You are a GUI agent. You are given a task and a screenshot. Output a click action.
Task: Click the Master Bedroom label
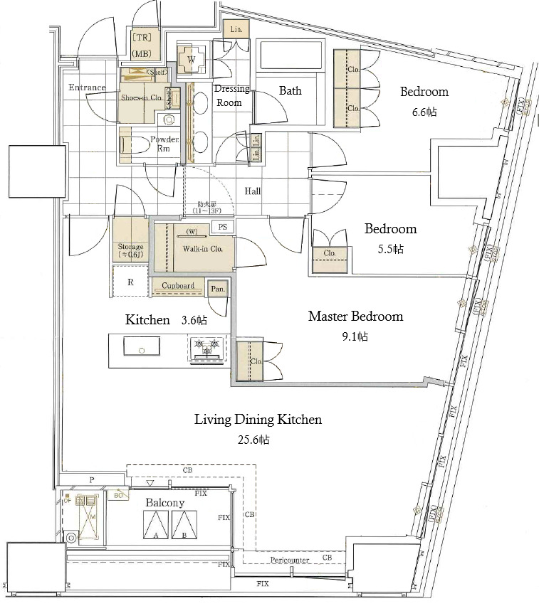[x=355, y=316]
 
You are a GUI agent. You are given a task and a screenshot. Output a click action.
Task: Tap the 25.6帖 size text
[x=253, y=440]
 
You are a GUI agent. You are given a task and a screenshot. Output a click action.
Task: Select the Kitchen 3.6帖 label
[x=166, y=320]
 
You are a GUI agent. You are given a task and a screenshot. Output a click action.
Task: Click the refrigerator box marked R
[x=130, y=282]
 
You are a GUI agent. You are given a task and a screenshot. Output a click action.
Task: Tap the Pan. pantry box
[x=217, y=289]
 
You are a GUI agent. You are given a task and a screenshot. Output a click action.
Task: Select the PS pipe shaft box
[x=223, y=227]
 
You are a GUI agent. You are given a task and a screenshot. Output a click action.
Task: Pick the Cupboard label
[x=177, y=286]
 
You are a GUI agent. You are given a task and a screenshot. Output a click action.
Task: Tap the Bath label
[x=290, y=90]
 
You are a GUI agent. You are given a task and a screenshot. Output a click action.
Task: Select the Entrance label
[x=87, y=87]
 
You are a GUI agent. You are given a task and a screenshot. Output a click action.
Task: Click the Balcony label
[x=165, y=503]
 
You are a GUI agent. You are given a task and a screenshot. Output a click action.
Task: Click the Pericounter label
[x=289, y=560]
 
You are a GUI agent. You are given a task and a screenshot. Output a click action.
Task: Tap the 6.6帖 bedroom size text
[x=424, y=112]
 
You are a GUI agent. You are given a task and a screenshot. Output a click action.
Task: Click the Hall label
[x=253, y=191]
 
